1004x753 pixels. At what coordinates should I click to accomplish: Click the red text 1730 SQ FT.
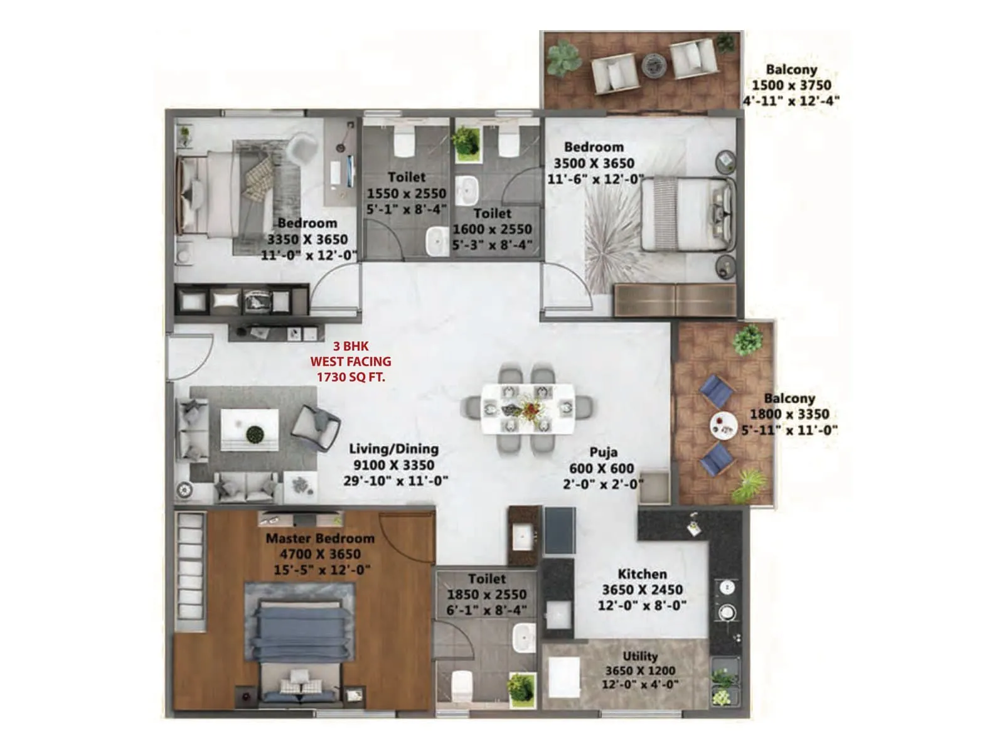(351, 377)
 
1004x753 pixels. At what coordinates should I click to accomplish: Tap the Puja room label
(603, 452)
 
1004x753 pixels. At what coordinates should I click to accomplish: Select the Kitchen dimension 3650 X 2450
(642, 590)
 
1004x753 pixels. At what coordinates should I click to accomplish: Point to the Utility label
(640, 656)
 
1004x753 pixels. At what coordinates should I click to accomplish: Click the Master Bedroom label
(320, 538)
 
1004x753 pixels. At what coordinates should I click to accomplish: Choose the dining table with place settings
(528, 409)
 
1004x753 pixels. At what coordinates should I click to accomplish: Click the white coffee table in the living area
(250, 429)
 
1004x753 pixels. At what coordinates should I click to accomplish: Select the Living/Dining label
(393, 449)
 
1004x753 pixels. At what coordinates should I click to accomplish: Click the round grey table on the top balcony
(653, 64)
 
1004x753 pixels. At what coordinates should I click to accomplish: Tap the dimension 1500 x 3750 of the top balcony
(791, 85)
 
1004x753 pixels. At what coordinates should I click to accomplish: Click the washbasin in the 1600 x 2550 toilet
(466, 190)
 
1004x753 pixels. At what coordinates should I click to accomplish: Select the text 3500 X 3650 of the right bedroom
(594, 163)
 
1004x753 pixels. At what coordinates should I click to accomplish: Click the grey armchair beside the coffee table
(316, 426)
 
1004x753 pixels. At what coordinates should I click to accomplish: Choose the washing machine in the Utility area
(563, 677)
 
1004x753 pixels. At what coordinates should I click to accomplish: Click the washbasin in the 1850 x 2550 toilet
(523, 639)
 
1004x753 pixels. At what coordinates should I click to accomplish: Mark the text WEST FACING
(351, 361)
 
